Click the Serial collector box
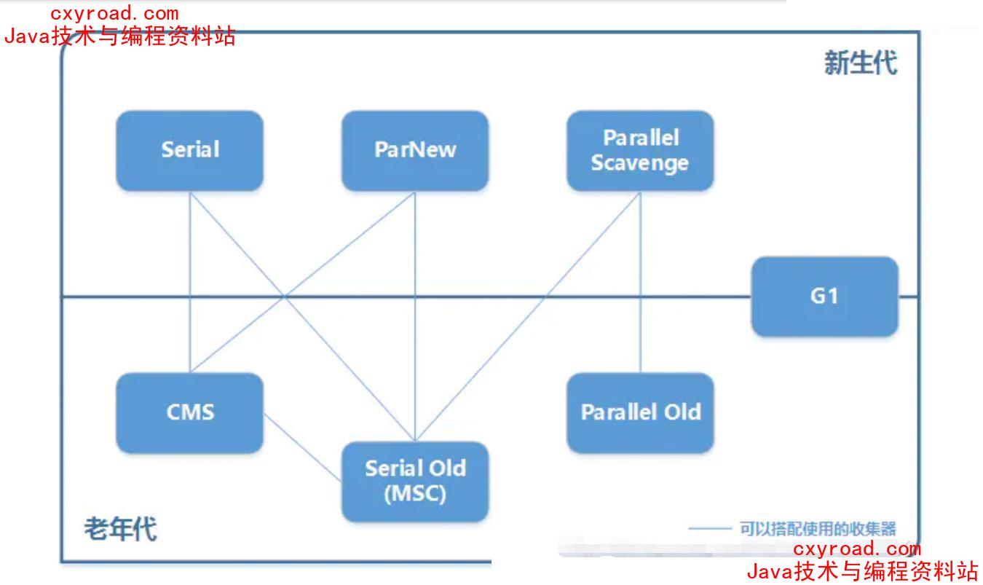189,150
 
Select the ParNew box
415,150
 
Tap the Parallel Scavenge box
640,150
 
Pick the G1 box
824,296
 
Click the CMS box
189,412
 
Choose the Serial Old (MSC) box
415,481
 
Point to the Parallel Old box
640,412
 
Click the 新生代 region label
860,63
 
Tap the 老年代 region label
120,528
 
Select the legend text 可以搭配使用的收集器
818,529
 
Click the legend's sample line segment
710,529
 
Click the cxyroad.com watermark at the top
114,13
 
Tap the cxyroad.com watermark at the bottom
856,549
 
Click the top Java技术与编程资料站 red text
120,36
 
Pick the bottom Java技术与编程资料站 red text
862,571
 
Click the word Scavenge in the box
640,163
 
